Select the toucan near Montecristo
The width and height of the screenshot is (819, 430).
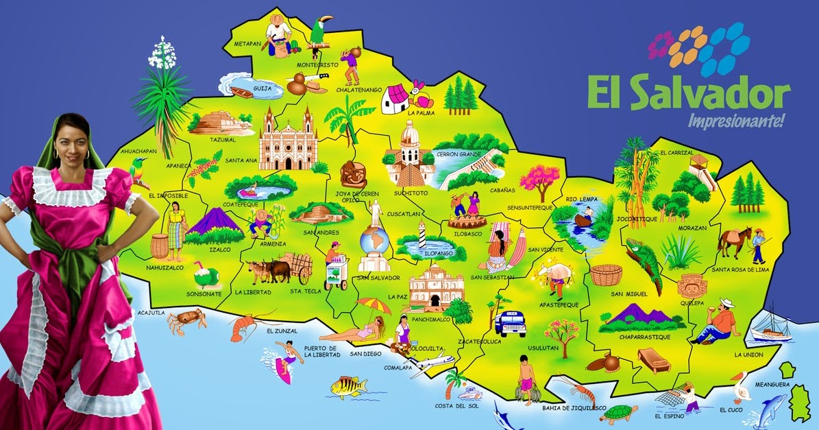[320, 32]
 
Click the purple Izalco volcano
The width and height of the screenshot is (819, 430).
[209, 224]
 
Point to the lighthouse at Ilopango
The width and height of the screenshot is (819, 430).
[423, 237]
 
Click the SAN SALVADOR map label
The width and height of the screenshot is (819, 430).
[378, 278]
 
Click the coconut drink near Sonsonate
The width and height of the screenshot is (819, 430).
[204, 276]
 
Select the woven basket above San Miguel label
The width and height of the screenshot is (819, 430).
[605, 275]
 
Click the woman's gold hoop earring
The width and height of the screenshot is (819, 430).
[87, 155]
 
